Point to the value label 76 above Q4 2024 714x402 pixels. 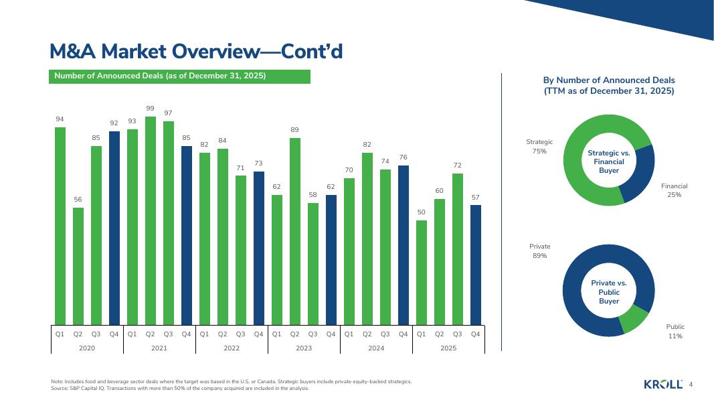(403, 157)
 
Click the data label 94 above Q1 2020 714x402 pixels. (60, 119)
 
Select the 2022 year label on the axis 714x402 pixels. (232, 348)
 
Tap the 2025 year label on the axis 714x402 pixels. (448, 348)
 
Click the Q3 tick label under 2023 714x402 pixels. (313, 333)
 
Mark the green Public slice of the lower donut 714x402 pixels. (635, 320)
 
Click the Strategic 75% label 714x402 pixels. (539, 147)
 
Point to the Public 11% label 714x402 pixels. (675, 331)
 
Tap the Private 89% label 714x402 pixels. (539, 251)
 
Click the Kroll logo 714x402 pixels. (662, 384)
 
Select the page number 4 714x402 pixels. (691, 384)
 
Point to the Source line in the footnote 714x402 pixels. (179, 388)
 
